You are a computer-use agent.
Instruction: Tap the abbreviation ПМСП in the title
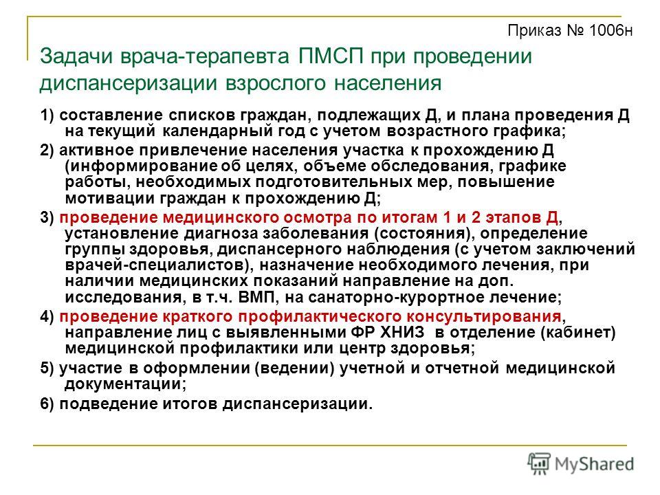coord(331,56)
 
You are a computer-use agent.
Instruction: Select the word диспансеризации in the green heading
coord(129,83)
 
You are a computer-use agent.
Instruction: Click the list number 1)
coord(47,115)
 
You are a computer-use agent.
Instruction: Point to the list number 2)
coord(47,151)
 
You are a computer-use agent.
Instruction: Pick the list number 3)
coord(47,217)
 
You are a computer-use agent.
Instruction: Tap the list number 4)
coord(47,316)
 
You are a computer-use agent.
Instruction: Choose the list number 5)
coord(47,368)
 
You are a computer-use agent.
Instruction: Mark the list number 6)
coord(47,404)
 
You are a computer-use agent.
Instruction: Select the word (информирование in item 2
coord(142,166)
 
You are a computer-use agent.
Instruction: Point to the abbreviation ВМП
coord(256,297)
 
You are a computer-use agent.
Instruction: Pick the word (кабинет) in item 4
coord(578,333)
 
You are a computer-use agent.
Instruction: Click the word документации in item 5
coord(125,384)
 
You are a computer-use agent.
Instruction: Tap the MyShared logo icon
coord(539,464)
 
